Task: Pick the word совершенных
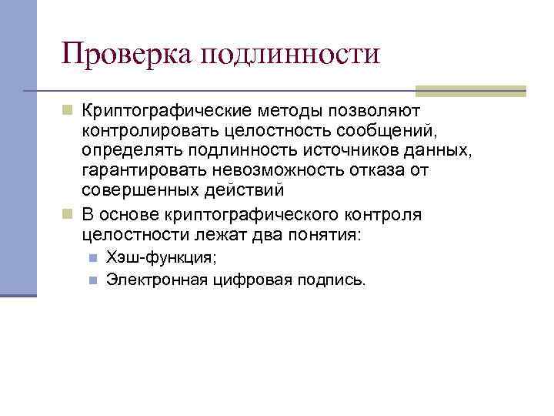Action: click(134, 189)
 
